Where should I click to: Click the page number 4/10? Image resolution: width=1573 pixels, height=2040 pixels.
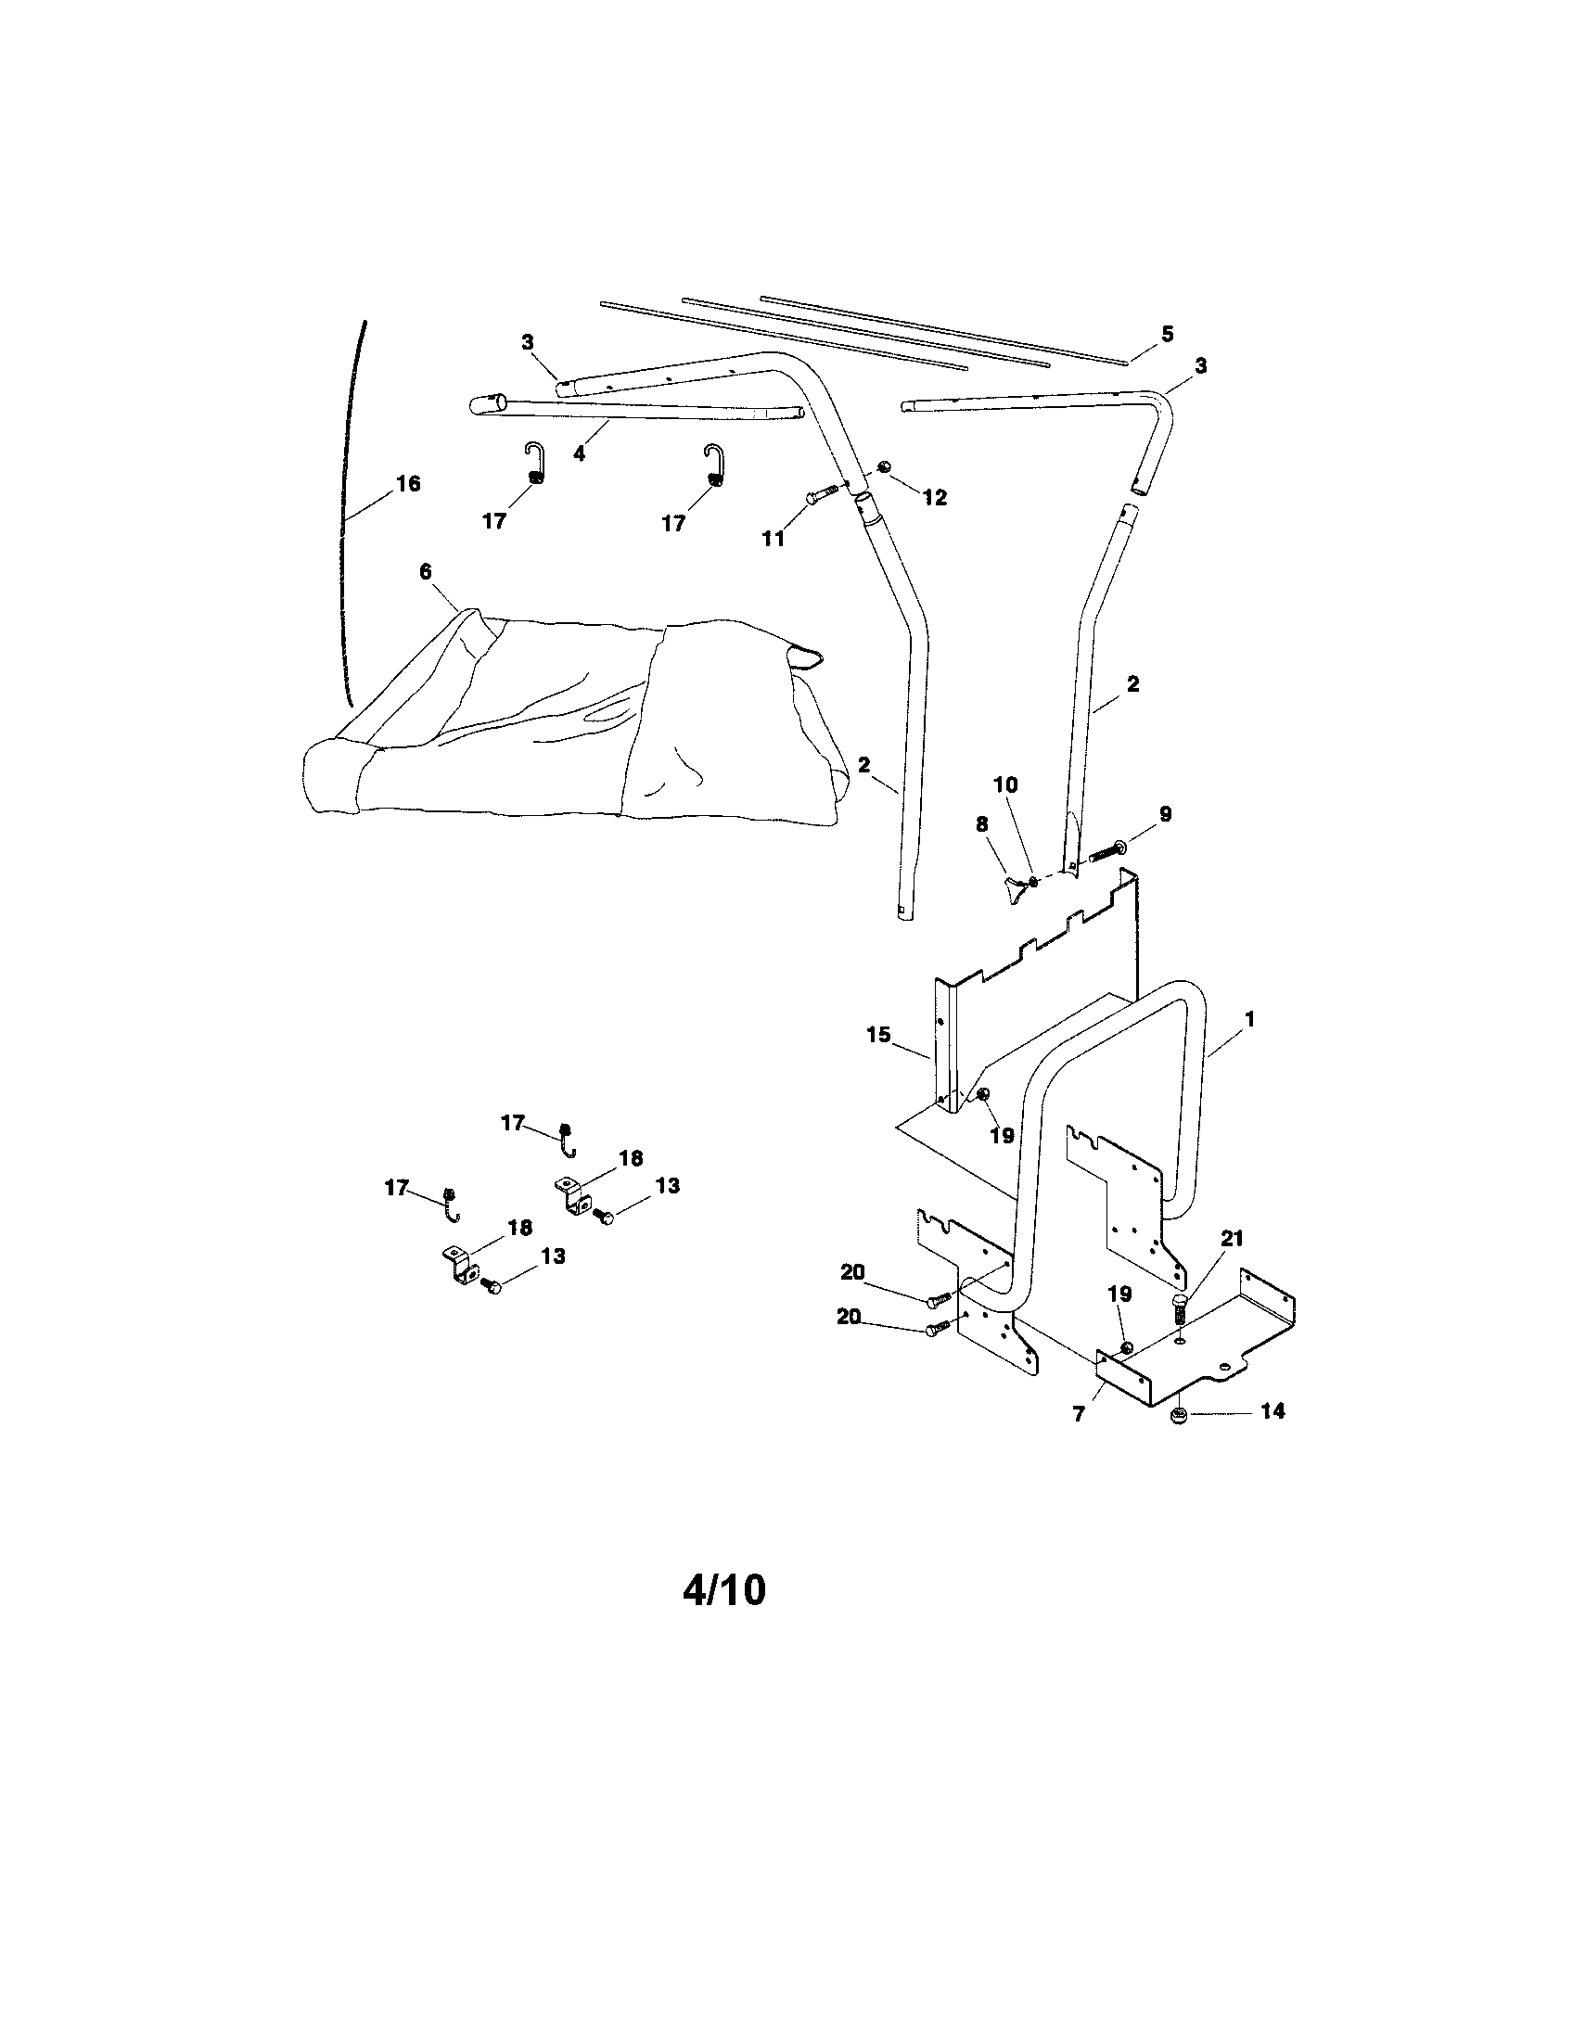pos(724,1590)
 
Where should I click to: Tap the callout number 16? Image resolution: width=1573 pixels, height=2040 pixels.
pos(408,484)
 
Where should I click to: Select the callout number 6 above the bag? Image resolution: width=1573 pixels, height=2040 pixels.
pos(426,570)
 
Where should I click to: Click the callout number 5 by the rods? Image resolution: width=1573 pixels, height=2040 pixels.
pos(1167,334)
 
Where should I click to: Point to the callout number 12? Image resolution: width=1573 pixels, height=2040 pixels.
pos(935,498)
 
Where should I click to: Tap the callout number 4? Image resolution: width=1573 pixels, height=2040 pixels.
pos(579,454)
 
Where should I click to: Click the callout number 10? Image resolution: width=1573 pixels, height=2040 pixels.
pos(1005,784)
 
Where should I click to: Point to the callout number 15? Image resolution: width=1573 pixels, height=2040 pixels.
pos(878,1035)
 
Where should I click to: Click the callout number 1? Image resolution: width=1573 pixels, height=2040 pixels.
pos(1250,1019)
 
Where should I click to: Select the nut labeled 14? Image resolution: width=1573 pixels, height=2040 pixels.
pos(1179,1419)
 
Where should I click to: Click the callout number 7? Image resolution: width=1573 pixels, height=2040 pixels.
pos(1079,1415)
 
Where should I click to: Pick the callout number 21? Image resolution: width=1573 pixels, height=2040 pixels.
pos(1233,1239)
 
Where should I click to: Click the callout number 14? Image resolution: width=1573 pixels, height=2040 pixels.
pos(1273,1410)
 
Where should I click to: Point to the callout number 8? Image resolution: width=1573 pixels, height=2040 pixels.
pos(981,823)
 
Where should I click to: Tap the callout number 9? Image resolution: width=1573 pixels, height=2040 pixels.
pos(1165,813)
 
